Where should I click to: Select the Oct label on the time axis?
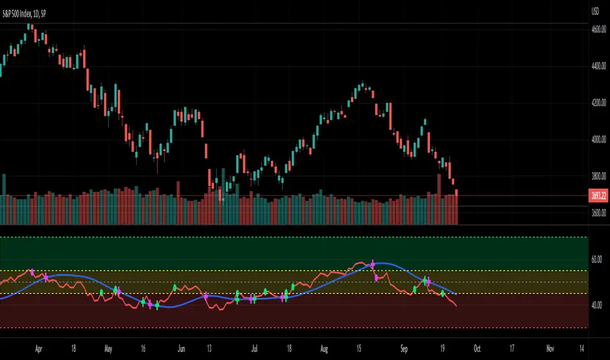478,348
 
